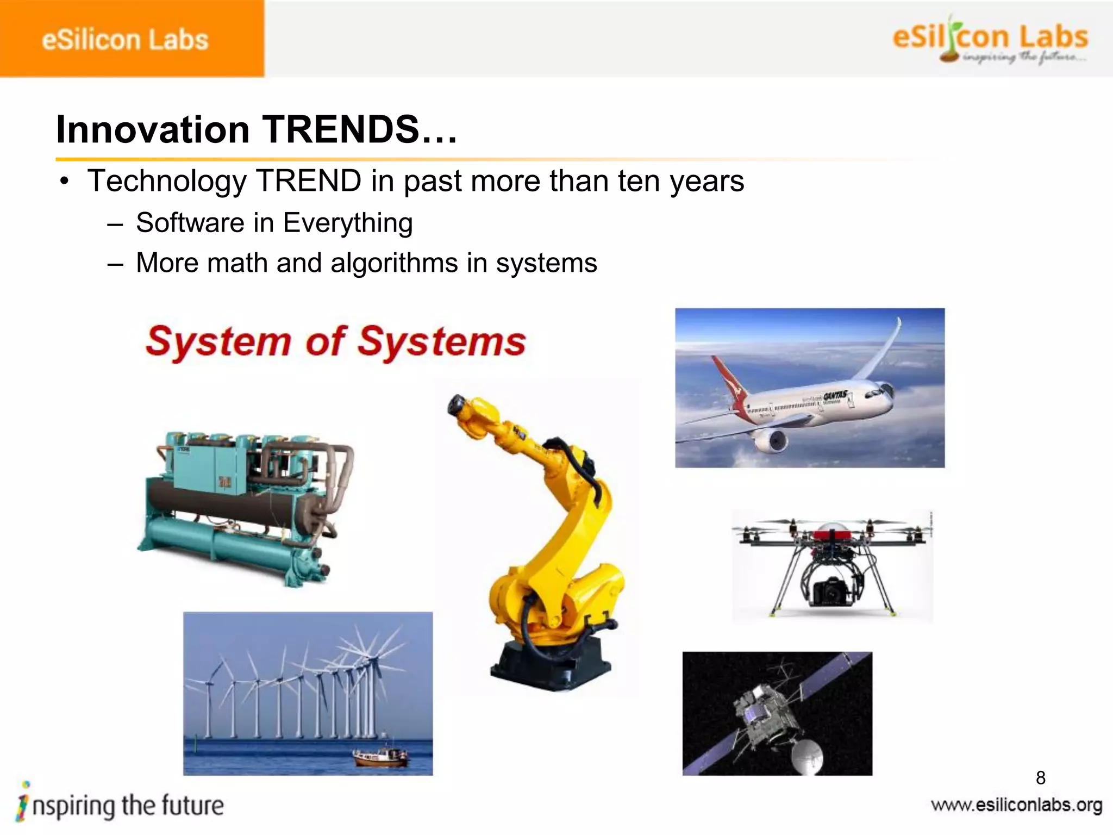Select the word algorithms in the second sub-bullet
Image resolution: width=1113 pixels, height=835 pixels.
[395, 263]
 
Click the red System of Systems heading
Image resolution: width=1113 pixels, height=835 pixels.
[335, 341]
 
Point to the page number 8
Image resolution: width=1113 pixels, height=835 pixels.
[1041, 778]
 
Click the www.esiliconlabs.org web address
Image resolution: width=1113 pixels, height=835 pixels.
[1016, 805]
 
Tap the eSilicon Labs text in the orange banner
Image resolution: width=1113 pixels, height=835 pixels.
[125, 40]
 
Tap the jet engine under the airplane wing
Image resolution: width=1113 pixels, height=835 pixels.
[772, 440]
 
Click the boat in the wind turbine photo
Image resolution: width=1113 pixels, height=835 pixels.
[380, 756]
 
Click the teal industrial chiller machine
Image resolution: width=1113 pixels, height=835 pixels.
[245, 506]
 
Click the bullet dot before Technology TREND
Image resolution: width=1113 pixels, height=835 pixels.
[65, 182]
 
